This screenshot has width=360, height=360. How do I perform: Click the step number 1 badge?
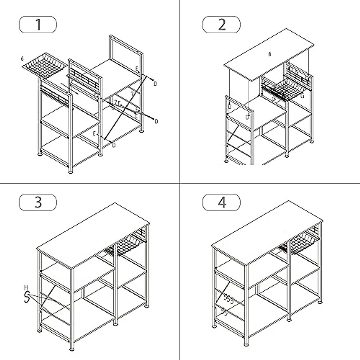point(38,25)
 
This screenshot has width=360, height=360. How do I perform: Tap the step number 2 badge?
point(221,25)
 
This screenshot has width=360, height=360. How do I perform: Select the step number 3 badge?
point(38,202)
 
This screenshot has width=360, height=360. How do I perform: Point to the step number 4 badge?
point(221,202)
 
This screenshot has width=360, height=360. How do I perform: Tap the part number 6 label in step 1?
point(22,58)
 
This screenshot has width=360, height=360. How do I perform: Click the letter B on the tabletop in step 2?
point(270,54)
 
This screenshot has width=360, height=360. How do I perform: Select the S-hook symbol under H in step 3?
point(27,297)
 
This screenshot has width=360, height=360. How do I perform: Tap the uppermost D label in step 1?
point(155,84)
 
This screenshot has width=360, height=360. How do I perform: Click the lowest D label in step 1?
point(114,145)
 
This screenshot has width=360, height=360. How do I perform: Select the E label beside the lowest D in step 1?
point(94,134)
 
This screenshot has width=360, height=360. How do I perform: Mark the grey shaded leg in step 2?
point(252,138)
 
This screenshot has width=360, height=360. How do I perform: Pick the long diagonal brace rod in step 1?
point(126,106)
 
